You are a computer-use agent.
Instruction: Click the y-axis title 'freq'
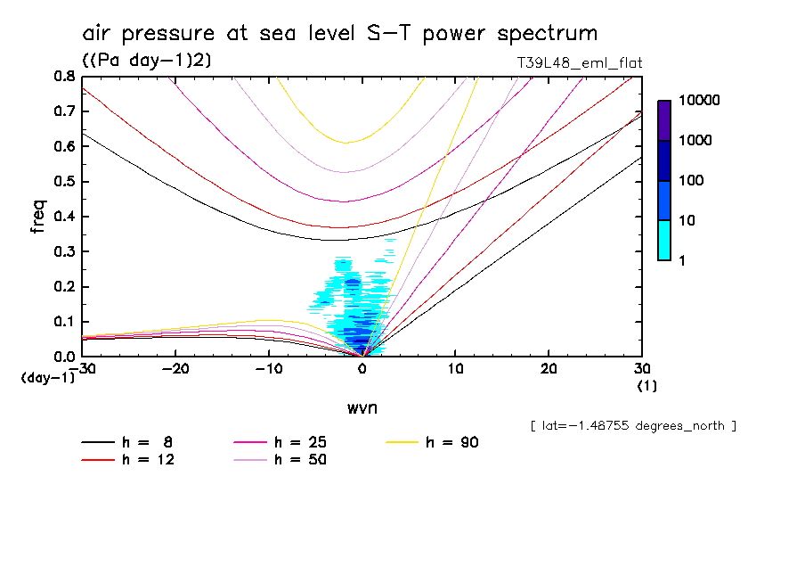point(37,216)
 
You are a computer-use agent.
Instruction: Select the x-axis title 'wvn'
point(362,407)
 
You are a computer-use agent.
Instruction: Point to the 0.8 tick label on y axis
point(63,77)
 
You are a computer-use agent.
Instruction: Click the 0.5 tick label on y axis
point(63,182)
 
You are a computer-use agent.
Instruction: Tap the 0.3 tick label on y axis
point(63,251)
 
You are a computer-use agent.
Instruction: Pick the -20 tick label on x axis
point(175,368)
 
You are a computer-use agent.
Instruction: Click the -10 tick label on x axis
point(268,368)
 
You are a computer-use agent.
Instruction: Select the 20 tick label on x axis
point(549,368)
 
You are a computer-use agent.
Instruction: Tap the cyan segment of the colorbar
point(664,241)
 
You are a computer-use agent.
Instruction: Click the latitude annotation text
point(632,426)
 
